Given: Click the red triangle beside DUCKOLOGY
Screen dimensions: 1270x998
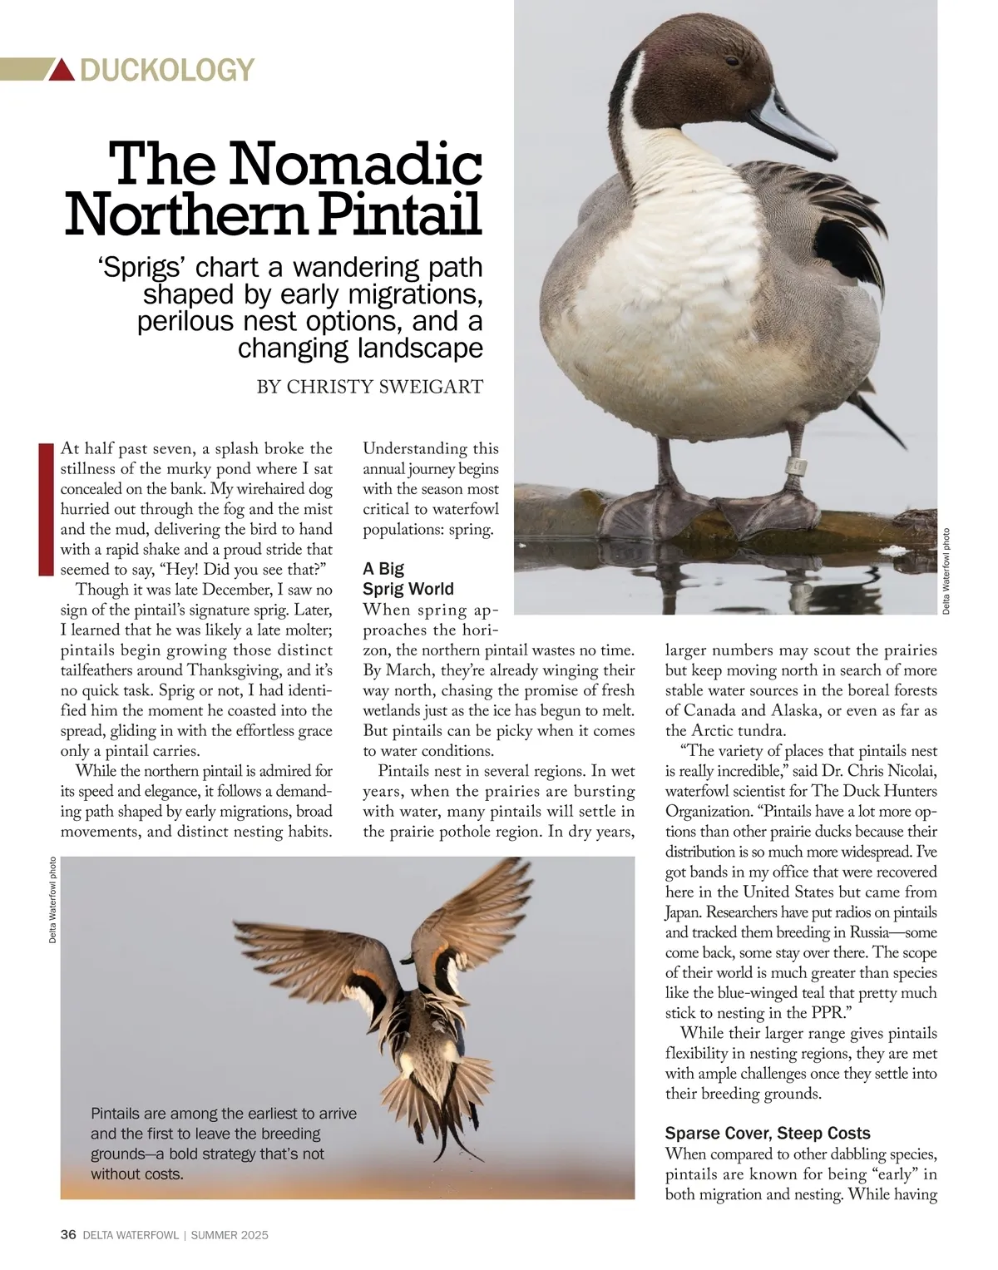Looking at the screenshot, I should click(x=63, y=70).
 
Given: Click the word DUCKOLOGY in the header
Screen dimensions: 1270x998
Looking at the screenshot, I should click(x=166, y=70).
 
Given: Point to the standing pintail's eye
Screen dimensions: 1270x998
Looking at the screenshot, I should click(x=731, y=61).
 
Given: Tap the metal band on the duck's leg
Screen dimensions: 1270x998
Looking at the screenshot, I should click(x=797, y=466).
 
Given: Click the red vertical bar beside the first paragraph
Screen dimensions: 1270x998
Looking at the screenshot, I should click(x=46, y=509).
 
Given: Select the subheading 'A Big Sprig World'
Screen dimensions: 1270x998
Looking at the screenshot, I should click(x=408, y=579).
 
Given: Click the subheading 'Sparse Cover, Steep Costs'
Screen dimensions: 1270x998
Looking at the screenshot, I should click(x=768, y=1133).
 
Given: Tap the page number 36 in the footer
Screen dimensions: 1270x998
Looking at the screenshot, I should click(x=68, y=1235).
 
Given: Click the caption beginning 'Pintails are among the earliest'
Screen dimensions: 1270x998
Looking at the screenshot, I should click(x=223, y=1144).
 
